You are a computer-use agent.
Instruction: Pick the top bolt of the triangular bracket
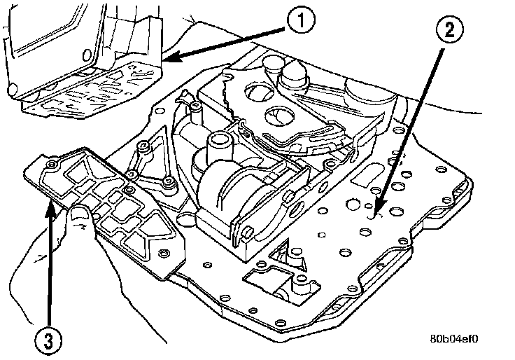[x=144, y=148]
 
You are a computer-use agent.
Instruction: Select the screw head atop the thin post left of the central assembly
[x=191, y=106]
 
